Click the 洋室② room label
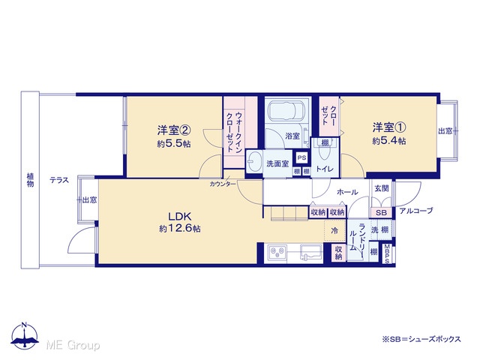[x=174, y=130]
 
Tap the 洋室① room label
[x=389, y=127]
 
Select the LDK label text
[x=180, y=217]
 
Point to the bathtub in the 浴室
[x=286, y=110]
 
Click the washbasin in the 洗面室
[x=253, y=161]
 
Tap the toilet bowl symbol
[x=325, y=152]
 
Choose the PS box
[x=301, y=157]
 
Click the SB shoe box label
[x=382, y=212]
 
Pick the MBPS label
[x=387, y=253]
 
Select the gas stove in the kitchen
[x=277, y=253]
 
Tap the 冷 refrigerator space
[x=335, y=230]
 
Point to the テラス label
[x=59, y=180]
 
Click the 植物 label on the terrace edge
[x=30, y=180]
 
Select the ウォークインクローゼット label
[x=235, y=133]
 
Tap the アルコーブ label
[x=416, y=211]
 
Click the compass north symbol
[x=25, y=335]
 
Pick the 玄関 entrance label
[x=382, y=188]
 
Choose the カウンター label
[x=223, y=184]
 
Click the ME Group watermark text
[x=73, y=345]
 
